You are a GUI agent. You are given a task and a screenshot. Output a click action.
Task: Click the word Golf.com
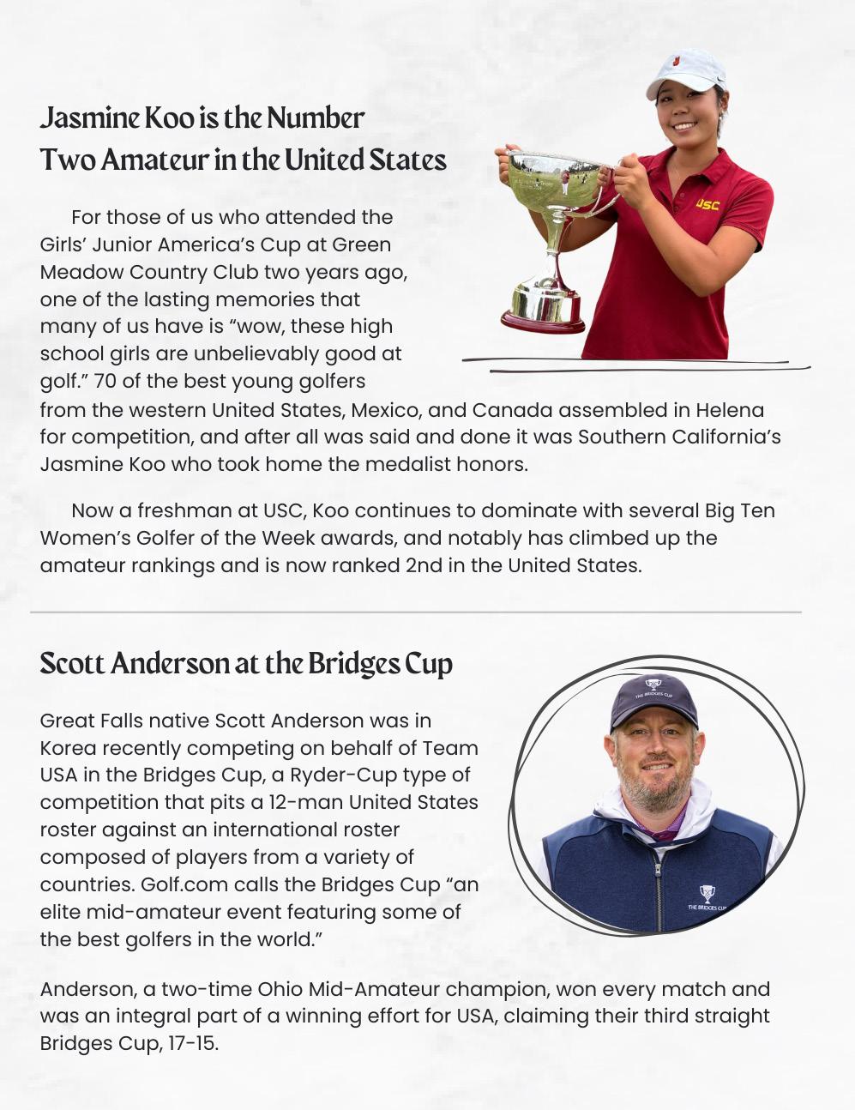[178, 884]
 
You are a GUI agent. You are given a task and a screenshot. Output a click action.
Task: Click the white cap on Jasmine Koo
[686, 70]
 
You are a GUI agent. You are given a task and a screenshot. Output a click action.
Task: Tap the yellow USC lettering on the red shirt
[707, 204]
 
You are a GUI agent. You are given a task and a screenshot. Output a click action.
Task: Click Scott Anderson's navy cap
[653, 697]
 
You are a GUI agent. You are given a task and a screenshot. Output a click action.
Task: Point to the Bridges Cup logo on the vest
[707, 894]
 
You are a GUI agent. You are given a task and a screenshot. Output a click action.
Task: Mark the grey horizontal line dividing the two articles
[416, 612]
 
